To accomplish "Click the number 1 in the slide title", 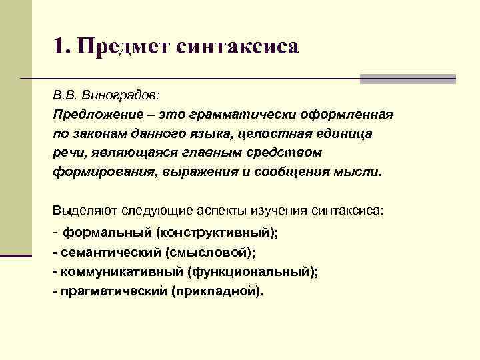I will pos(59,47).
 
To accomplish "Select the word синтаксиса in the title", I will pos(237,47).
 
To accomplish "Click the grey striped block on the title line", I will pos(407,79).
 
